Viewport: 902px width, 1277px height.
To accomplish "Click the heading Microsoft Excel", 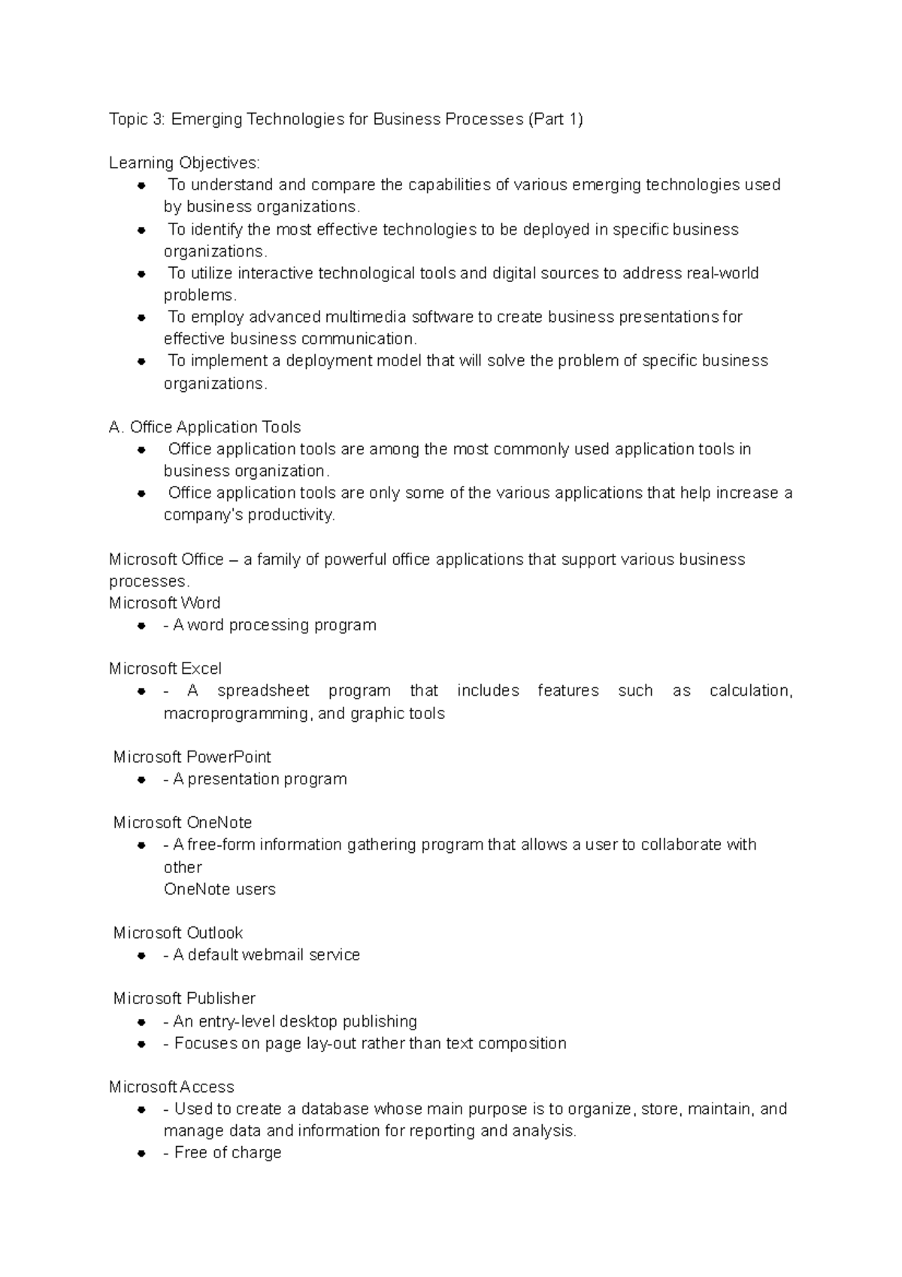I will coord(165,669).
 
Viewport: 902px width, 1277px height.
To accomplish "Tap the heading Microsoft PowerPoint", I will coord(192,757).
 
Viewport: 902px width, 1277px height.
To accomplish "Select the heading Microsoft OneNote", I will coord(183,822).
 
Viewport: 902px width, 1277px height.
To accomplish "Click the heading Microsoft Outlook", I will coord(178,933).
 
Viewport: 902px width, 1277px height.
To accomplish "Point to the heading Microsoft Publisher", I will coord(184,998).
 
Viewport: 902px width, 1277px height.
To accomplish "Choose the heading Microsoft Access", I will coord(171,1087).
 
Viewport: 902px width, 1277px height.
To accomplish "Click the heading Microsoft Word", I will coord(165,603).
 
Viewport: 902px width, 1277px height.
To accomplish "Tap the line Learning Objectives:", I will coord(184,162).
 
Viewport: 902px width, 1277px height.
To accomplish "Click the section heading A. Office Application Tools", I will coord(204,427).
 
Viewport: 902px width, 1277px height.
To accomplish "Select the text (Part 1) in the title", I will coord(555,119).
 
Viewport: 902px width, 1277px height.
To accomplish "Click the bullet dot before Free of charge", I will coord(141,1153).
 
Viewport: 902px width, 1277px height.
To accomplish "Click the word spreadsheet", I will coord(263,690).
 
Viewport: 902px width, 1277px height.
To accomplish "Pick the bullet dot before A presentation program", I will coord(141,779).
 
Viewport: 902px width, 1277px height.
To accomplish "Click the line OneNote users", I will coord(219,889).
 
